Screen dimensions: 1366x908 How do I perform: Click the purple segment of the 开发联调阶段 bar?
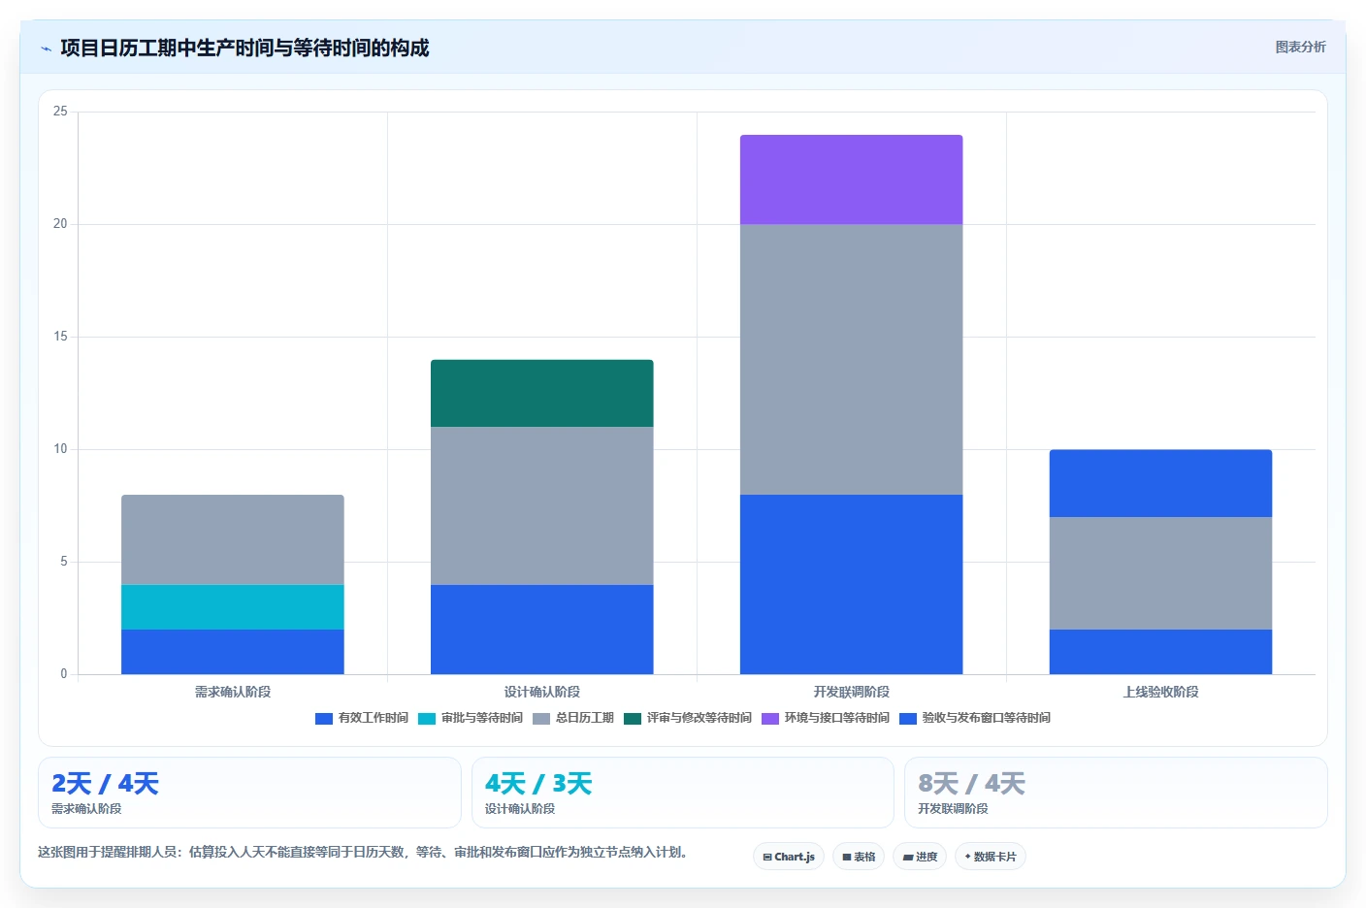851,179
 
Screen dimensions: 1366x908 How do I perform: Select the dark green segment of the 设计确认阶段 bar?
541,393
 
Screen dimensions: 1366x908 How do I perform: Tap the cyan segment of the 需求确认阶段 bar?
232,606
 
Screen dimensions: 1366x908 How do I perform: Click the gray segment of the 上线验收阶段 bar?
1160,573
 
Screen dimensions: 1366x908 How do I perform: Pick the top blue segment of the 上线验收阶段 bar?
1160,483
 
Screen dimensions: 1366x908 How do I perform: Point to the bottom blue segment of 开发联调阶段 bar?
851,584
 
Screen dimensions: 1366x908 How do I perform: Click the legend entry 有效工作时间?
362,718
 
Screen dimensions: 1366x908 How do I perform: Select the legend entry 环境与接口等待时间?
826,718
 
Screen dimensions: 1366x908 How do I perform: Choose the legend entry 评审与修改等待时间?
688,718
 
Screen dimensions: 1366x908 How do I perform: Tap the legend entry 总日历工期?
573,718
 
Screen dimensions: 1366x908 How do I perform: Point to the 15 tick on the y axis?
60,337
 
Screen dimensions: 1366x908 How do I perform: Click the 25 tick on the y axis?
60,111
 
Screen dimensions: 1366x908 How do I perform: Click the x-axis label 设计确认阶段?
541,692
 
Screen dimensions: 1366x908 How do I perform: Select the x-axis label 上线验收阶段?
1160,692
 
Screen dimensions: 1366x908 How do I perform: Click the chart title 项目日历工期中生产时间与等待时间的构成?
244,48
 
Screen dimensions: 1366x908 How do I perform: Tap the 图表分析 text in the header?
1300,47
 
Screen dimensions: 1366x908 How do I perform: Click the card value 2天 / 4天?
105,784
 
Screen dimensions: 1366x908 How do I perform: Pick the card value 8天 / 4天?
971,784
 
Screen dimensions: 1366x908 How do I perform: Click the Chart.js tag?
789,857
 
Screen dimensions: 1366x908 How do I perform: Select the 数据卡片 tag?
991,857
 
